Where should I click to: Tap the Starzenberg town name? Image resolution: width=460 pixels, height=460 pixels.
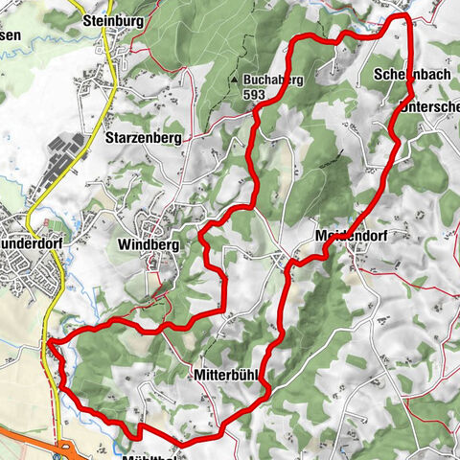(141, 137)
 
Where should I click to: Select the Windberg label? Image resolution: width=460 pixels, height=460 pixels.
(149, 245)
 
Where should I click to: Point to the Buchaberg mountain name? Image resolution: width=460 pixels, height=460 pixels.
(273, 80)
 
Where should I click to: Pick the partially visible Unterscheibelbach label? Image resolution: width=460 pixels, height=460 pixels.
(429, 107)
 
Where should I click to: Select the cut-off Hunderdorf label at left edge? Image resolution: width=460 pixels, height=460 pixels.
(34, 243)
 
